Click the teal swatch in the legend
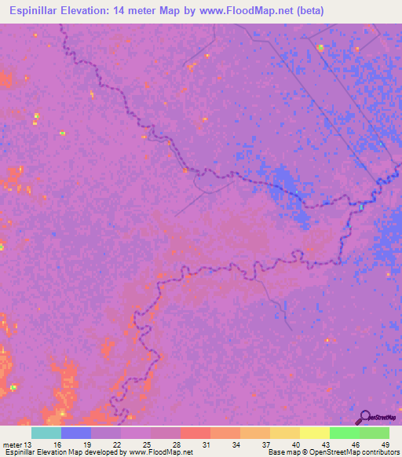46,433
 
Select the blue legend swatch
76,433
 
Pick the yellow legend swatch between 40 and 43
314,433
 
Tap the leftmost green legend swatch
344,433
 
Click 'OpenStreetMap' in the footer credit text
332,452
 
